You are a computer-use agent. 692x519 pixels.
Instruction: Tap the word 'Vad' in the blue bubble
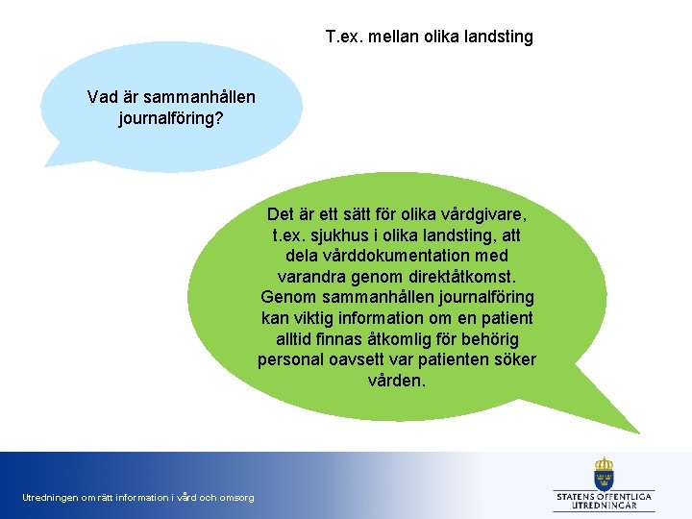click(x=103, y=97)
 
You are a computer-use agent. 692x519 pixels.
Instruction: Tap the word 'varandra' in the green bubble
click(x=294, y=276)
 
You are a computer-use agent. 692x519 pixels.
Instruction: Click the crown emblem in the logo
click(x=604, y=472)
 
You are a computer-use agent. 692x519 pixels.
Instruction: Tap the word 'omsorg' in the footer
click(x=236, y=498)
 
